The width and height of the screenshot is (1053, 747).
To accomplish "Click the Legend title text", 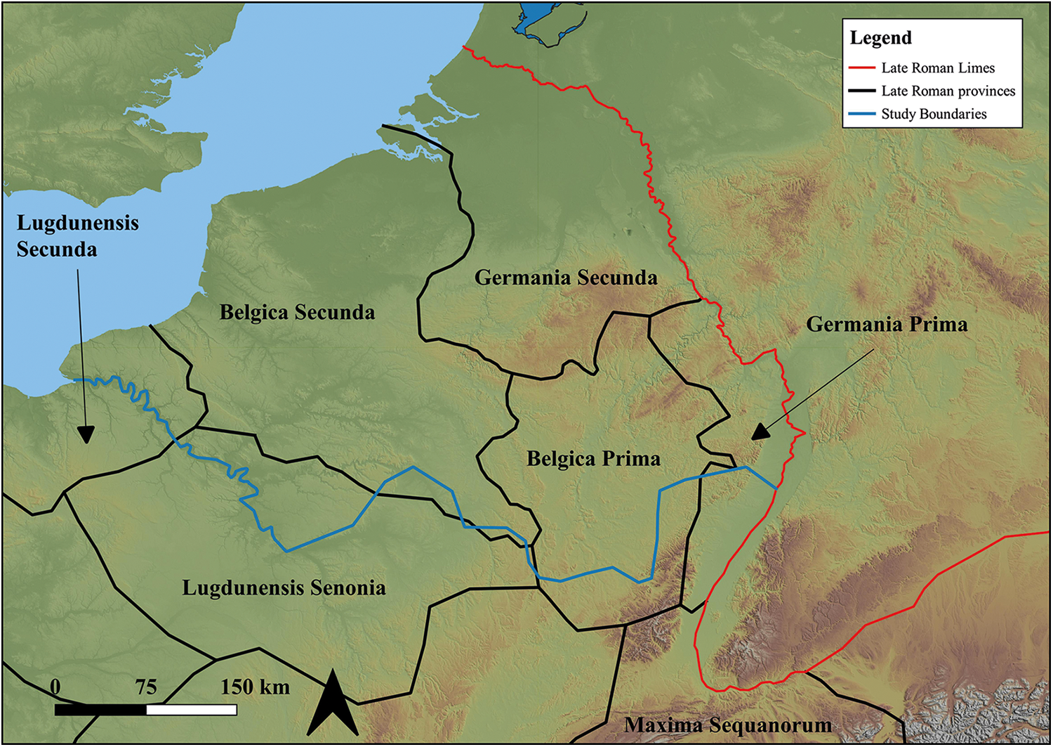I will coord(880,38).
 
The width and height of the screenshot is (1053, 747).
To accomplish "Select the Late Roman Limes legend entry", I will coord(938,68).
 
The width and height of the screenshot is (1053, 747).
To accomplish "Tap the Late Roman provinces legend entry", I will coord(948,91).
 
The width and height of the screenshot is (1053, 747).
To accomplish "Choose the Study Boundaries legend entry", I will coord(934,115).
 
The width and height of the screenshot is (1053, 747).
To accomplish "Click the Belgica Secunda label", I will coord(297,312).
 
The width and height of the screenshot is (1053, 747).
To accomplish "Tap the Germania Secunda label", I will coord(566,278).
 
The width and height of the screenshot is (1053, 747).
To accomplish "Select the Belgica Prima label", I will coord(593,459).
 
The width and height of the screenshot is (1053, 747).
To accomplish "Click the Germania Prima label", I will coord(887,324).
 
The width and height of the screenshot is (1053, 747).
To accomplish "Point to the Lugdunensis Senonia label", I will coord(284,587).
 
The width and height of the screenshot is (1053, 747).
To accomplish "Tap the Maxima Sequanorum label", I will coord(728,725).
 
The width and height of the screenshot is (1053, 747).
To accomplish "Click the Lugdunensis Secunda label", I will coord(77,236).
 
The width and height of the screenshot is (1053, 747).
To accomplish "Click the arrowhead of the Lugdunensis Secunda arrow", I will coord(85,436).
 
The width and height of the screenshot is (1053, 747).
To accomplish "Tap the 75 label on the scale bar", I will coord(146,687).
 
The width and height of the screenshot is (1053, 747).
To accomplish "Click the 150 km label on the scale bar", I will coord(255,687).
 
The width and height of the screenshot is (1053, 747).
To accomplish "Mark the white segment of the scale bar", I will coord(192,710).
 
